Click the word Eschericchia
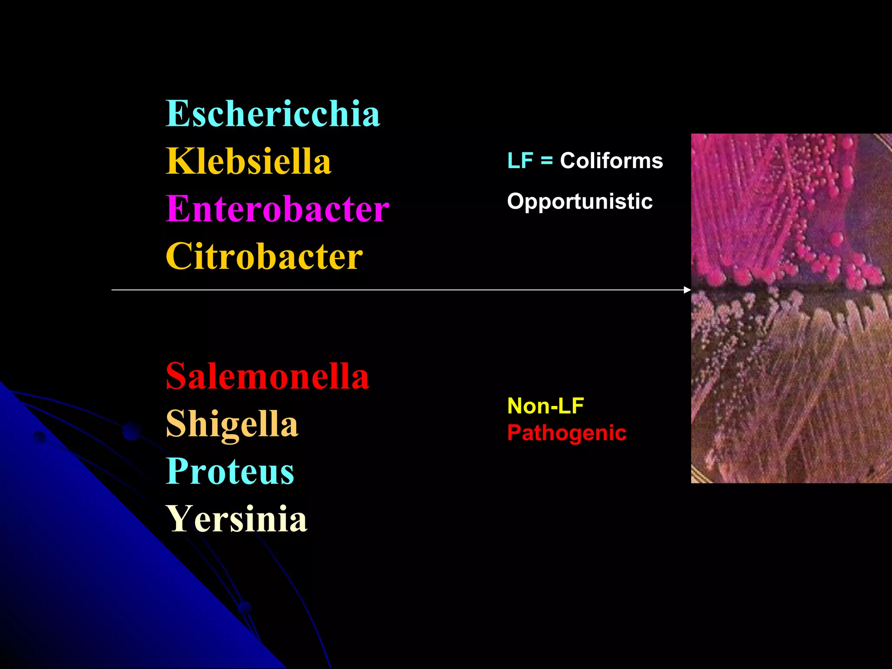273,114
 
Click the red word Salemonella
267,376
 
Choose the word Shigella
232,423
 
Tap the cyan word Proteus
230,471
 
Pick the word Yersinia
237,519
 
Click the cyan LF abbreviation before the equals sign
520,161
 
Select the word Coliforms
611,161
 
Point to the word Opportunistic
580,202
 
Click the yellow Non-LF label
545,406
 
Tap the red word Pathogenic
567,433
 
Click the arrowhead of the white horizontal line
688,290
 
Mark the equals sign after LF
547,161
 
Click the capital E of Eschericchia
176,114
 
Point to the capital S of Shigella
176,423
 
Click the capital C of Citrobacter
177,257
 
